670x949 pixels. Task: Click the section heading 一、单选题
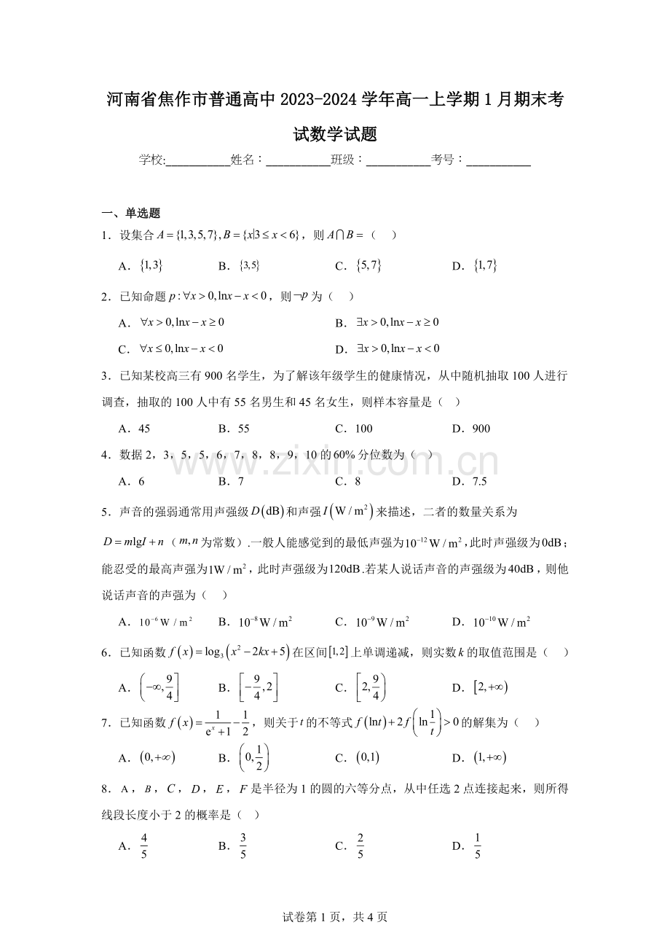click(131, 214)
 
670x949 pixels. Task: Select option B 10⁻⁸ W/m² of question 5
click(265, 622)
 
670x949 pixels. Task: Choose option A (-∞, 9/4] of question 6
click(159, 687)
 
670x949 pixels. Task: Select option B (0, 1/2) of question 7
click(254, 758)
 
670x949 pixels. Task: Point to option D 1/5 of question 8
click(478, 845)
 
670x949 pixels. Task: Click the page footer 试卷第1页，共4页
click(334, 917)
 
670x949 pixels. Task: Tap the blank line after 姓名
click(298, 162)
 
